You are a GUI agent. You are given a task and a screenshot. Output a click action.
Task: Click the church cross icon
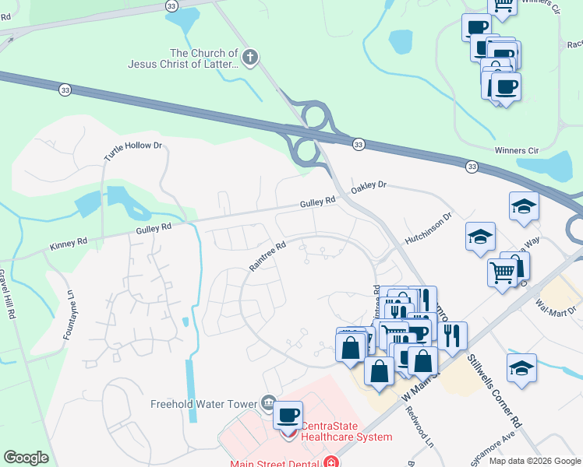coord(250,57)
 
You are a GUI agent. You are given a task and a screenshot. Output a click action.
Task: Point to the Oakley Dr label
coord(369,187)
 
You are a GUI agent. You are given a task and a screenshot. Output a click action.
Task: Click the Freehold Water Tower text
coord(204,404)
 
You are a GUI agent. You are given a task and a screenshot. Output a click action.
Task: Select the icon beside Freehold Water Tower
coord(267,402)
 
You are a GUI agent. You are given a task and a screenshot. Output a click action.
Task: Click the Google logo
coord(26,458)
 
